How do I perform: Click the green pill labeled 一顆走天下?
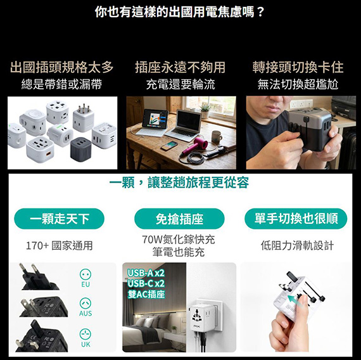tap(59, 219)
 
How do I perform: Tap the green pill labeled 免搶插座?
tap(179, 219)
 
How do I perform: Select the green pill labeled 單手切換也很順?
tap(296, 219)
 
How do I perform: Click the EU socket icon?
tap(85, 274)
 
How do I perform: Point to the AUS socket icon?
tap(85, 304)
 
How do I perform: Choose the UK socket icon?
tap(85, 334)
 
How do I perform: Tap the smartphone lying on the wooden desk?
tap(169, 146)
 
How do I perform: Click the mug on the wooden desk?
tap(217, 137)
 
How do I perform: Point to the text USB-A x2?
tap(146, 273)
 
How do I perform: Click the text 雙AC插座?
tap(146, 294)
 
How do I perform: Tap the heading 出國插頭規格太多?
tap(62, 67)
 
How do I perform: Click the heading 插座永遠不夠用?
tap(180, 67)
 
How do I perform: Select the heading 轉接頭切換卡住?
tap(298, 67)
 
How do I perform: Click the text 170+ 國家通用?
tap(60, 246)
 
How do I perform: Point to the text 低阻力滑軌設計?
tap(297, 246)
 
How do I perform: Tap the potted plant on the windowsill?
tap(205, 111)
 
